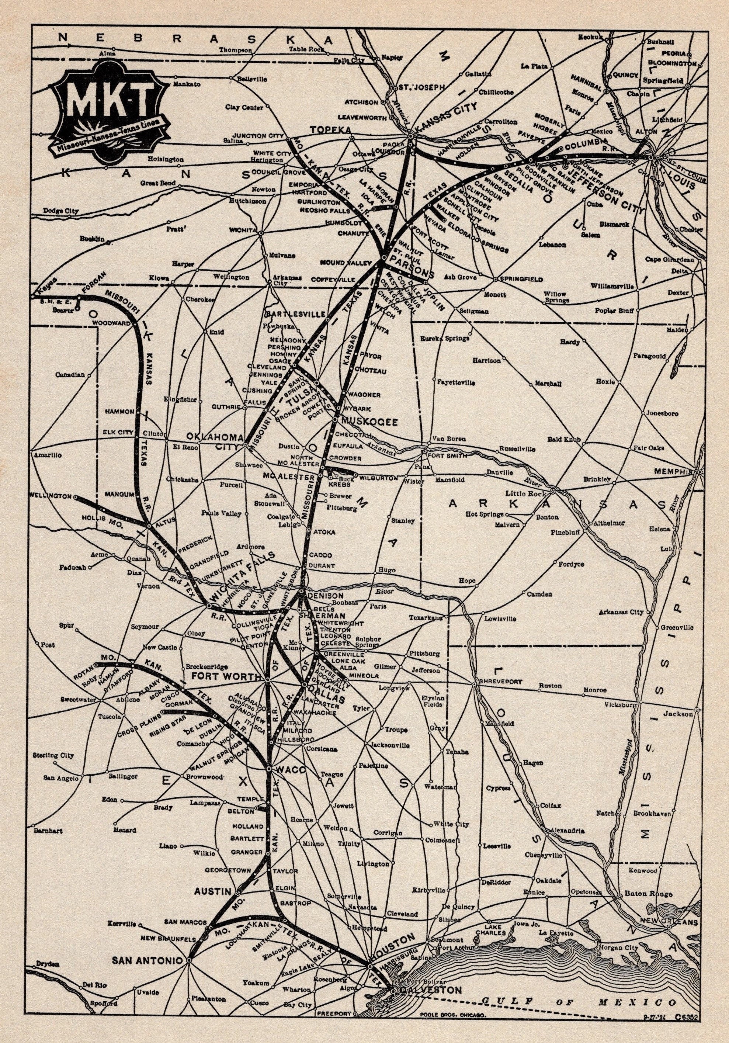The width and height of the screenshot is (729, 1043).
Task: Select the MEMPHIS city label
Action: click(674, 472)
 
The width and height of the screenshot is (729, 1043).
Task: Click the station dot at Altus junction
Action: click(149, 526)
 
